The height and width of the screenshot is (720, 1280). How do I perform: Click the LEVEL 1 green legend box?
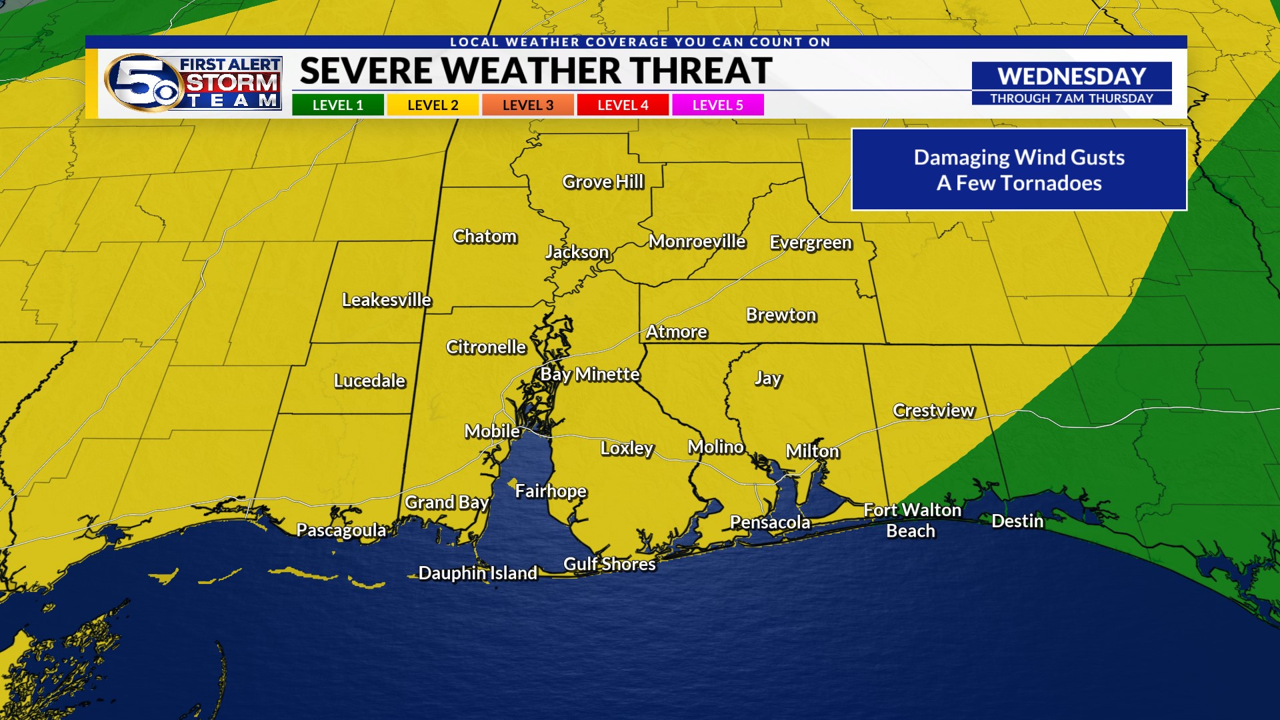tap(337, 105)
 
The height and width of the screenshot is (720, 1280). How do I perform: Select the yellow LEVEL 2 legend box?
tap(433, 105)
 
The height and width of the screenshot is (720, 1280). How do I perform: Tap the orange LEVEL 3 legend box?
tap(527, 105)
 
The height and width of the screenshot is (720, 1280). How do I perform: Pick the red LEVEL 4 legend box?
tap(623, 105)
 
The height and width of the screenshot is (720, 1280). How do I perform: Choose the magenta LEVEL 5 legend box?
tap(717, 105)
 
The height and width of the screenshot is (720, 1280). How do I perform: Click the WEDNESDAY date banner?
tap(1071, 76)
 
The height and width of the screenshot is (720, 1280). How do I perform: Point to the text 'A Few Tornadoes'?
tap(1019, 183)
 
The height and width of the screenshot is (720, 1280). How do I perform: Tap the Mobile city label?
tap(492, 431)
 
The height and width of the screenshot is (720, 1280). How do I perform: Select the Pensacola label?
tap(770, 522)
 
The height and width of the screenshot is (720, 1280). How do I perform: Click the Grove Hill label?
tap(603, 181)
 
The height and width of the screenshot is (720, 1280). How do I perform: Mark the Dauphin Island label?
tap(477, 573)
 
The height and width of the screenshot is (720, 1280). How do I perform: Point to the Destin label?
tap(1017, 521)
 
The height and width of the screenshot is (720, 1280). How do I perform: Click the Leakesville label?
tap(386, 300)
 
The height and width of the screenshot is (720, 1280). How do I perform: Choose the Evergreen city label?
tap(811, 242)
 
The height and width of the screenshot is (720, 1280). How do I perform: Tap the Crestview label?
tap(933, 411)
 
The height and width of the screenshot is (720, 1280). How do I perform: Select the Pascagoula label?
tap(341, 530)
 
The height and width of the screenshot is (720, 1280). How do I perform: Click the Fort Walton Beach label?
tap(912, 520)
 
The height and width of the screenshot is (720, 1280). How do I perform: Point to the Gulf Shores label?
tap(609, 564)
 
